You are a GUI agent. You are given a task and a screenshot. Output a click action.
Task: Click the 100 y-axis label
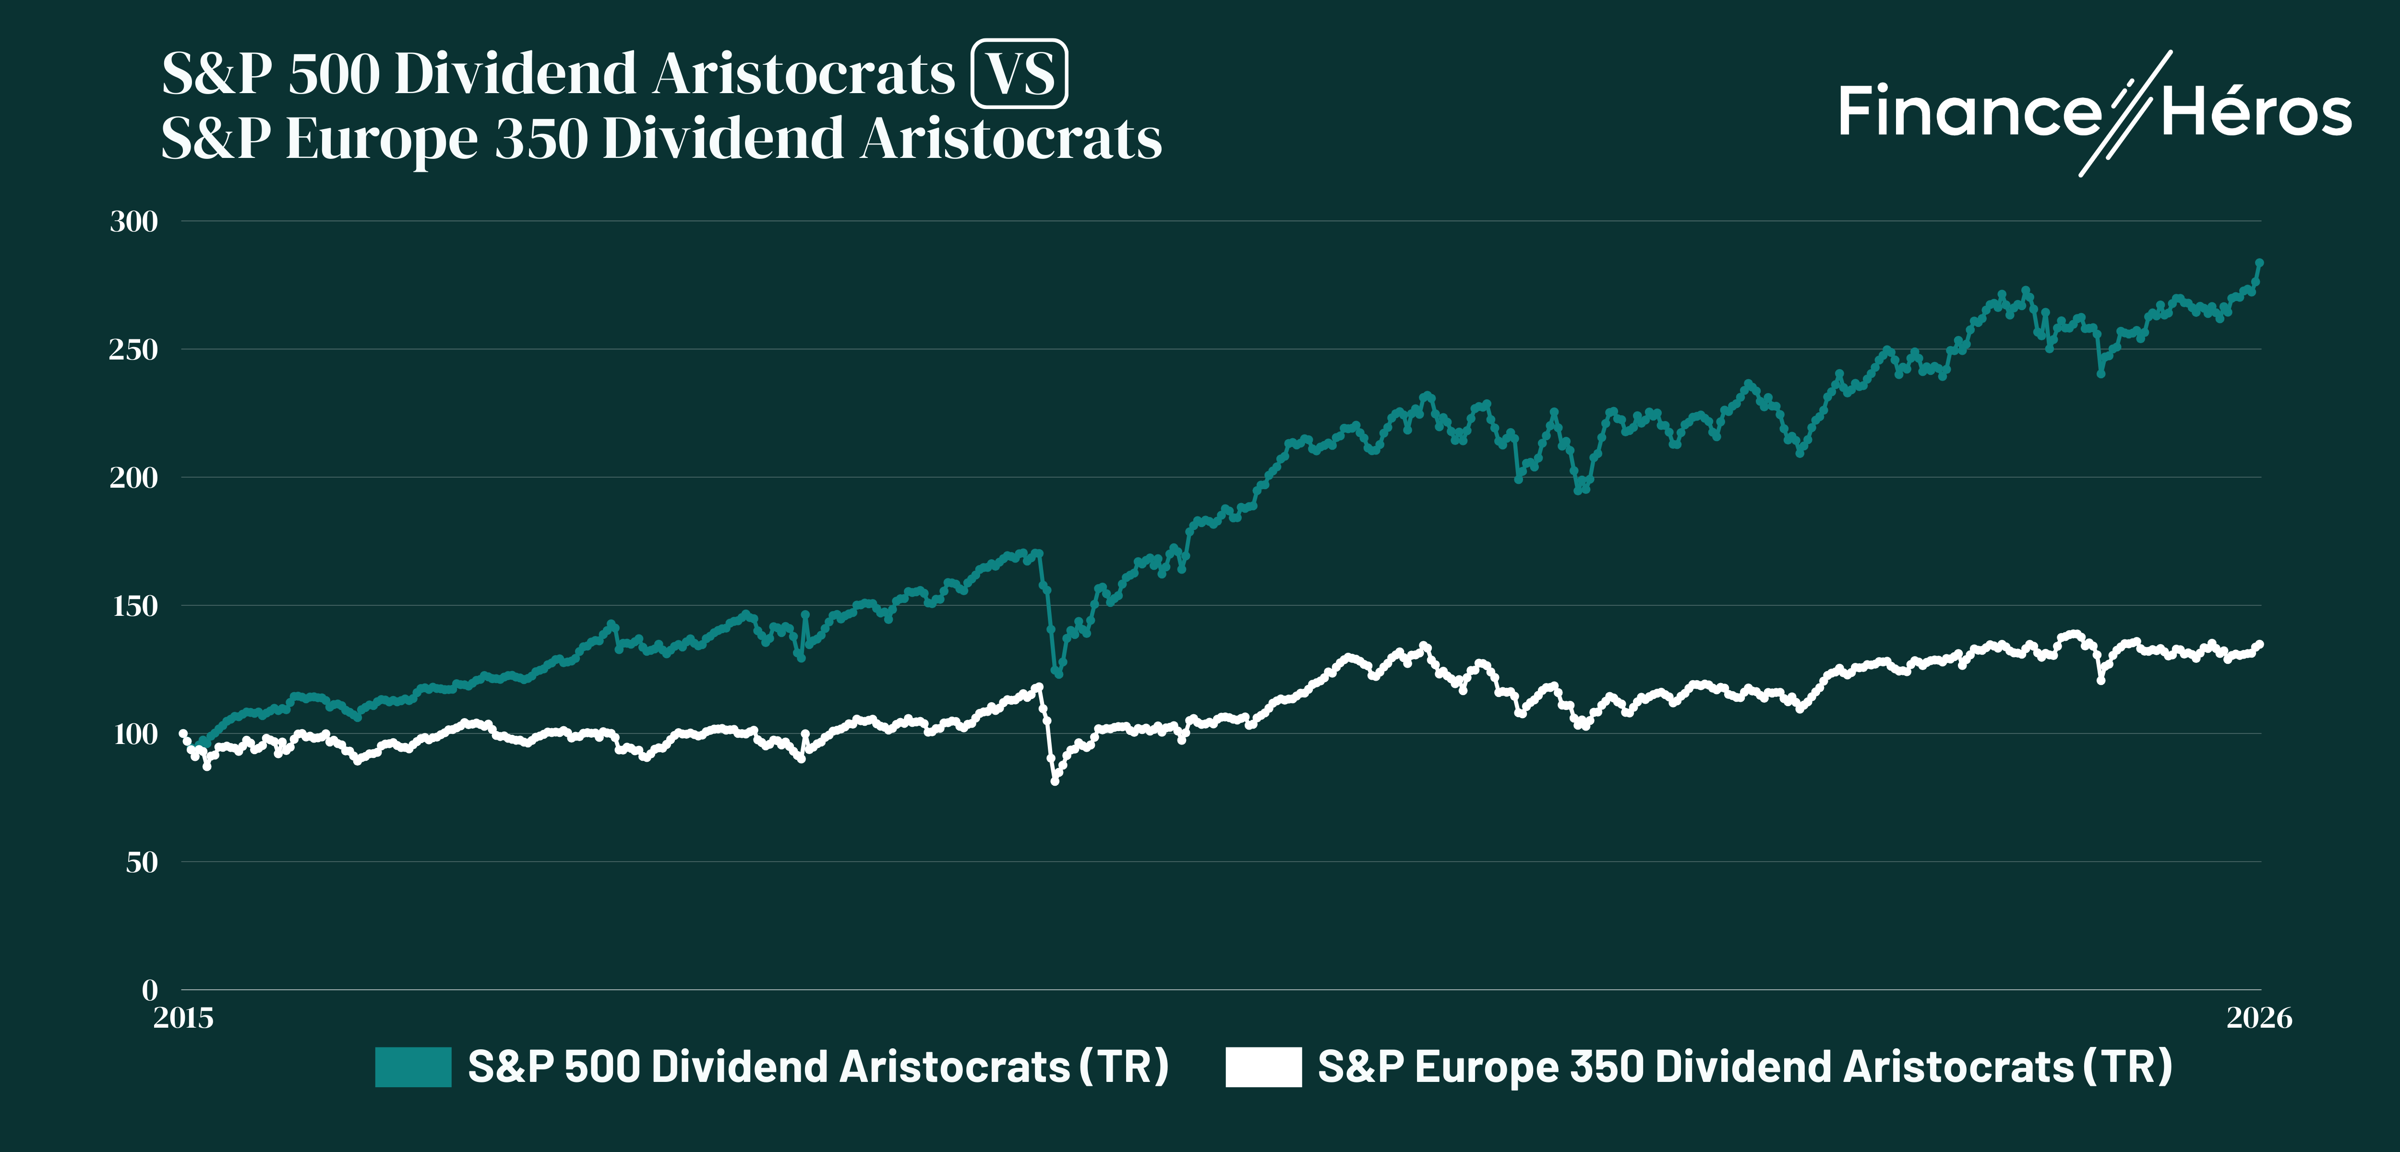(135, 734)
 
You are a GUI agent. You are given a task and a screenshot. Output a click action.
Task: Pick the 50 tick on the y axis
(142, 862)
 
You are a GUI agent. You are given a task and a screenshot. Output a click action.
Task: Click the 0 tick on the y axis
(150, 990)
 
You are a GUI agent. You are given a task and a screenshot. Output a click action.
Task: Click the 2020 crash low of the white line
(1055, 781)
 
